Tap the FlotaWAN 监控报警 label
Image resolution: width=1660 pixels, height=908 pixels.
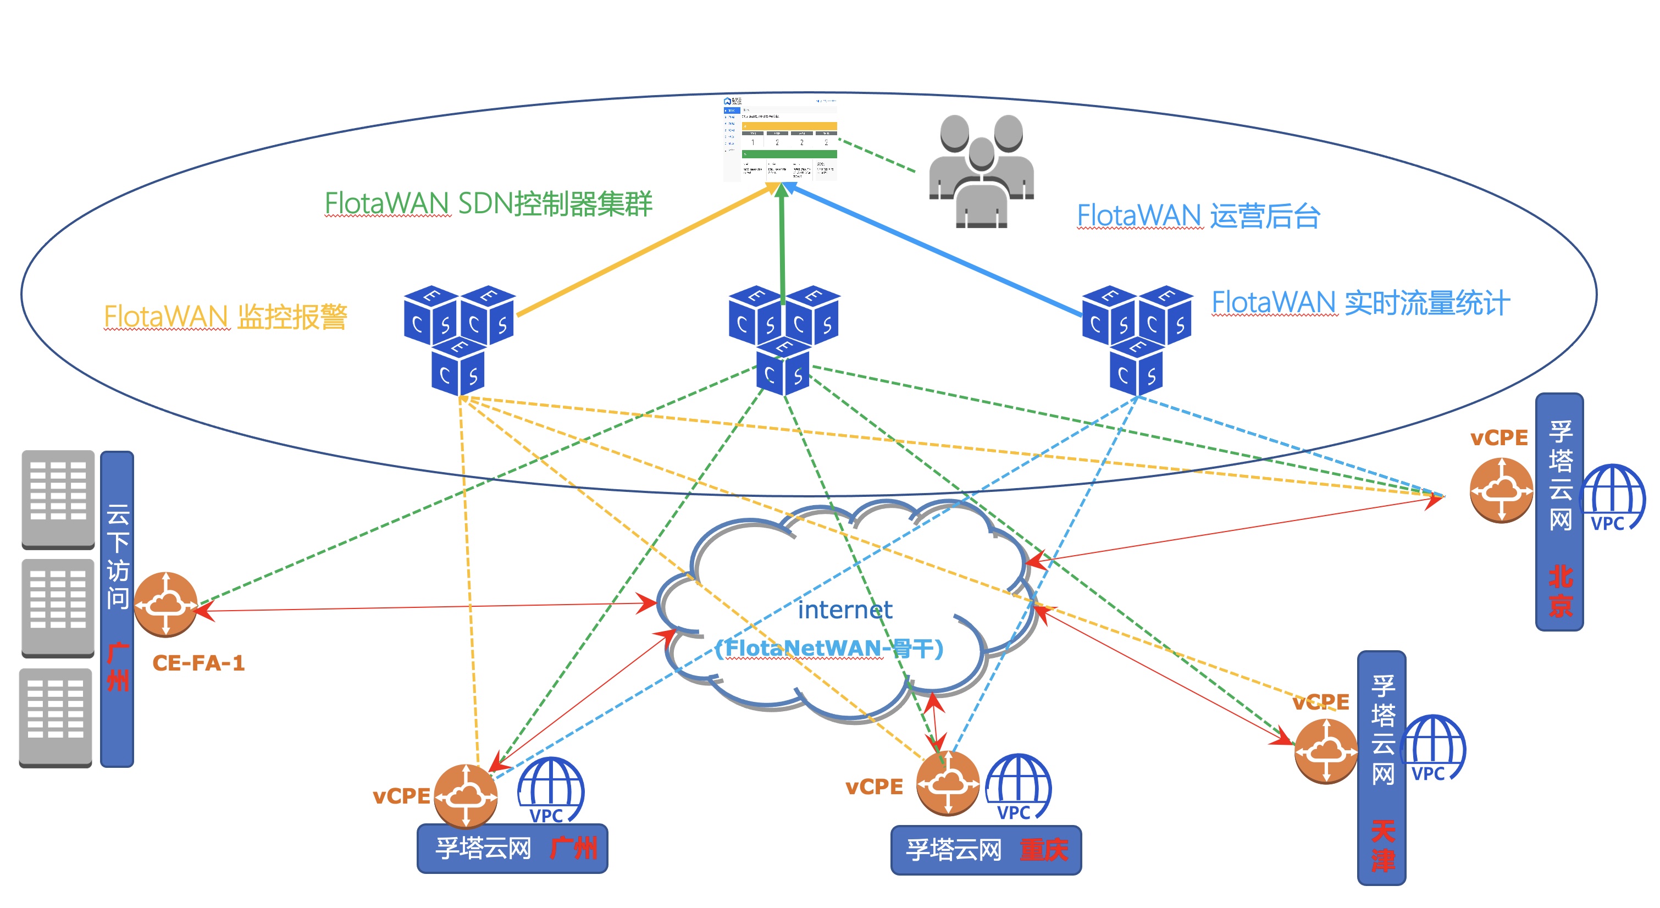225,317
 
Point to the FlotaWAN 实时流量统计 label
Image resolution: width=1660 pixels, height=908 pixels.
1360,303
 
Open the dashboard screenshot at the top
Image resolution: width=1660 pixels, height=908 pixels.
781,139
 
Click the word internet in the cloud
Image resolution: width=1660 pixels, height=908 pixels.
845,610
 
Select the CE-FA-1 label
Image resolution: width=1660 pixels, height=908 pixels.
198,662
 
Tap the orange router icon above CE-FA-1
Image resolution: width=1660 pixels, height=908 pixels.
165,604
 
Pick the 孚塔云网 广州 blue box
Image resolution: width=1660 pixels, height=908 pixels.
512,848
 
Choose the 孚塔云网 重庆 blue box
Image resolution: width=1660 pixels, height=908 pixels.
986,850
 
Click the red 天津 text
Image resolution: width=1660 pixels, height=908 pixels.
1382,845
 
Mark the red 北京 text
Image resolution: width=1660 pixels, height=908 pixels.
1560,591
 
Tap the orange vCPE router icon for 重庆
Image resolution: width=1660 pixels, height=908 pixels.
947,784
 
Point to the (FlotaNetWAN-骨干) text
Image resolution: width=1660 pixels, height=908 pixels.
829,647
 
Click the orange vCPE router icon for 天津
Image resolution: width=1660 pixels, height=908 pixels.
1326,751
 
